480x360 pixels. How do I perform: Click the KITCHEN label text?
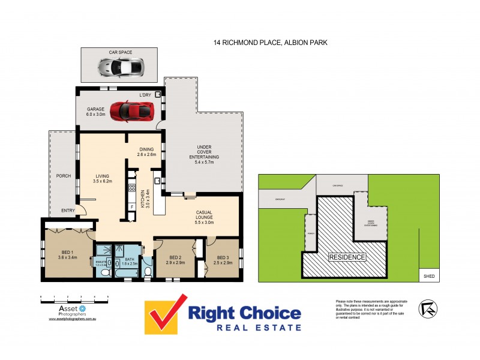143,197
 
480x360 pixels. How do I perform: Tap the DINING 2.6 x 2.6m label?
147,152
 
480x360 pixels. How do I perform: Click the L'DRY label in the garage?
145,95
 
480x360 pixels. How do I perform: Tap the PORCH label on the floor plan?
62,176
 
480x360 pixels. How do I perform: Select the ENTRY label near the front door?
68,210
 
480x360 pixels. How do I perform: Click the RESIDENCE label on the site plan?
346,257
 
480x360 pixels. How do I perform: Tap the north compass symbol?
428,308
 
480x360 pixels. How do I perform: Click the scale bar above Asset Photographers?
74,296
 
